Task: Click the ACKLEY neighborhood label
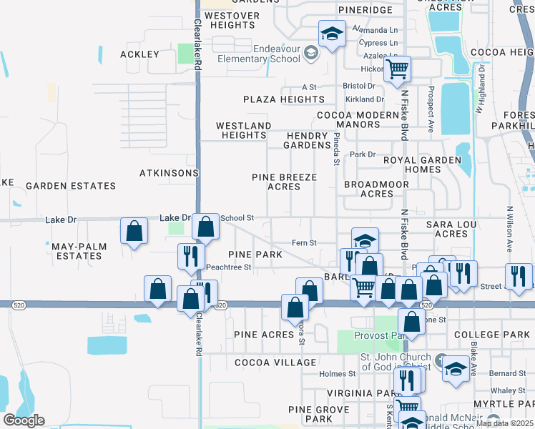(140, 54)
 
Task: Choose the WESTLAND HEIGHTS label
(244, 130)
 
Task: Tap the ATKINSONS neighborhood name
(168, 173)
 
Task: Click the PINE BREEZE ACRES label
(284, 182)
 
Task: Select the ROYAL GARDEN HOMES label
(422, 165)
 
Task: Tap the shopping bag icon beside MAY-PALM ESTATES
(134, 231)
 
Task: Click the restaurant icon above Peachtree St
(190, 256)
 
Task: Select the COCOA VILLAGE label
(275, 363)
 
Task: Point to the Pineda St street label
(335, 149)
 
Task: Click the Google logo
(24, 420)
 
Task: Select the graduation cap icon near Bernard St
(455, 368)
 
